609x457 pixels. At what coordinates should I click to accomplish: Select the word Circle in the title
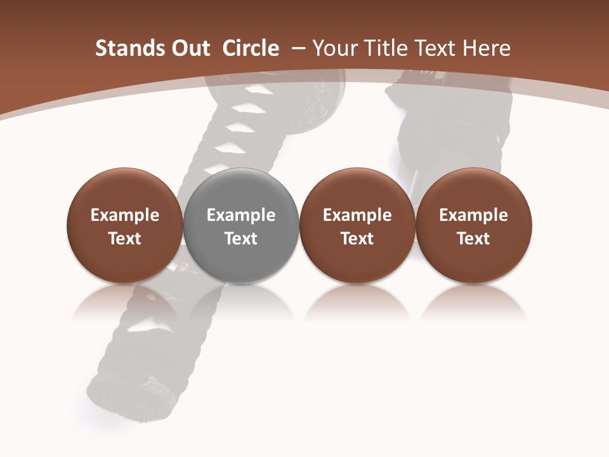click(x=251, y=48)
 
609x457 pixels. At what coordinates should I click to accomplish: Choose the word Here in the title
click(x=486, y=48)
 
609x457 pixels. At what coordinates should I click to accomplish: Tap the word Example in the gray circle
click(x=241, y=215)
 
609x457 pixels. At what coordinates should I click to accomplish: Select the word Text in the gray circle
click(x=241, y=239)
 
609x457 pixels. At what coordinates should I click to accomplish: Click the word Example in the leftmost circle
click(x=125, y=215)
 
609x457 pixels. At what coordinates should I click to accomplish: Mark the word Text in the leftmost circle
click(x=125, y=239)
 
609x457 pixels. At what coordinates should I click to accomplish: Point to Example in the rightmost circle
click(x=474, y=215)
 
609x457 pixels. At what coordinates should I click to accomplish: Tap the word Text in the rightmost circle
click(x=474, y=239)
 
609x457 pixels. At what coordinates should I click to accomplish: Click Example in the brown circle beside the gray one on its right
click(x=357, y=215)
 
